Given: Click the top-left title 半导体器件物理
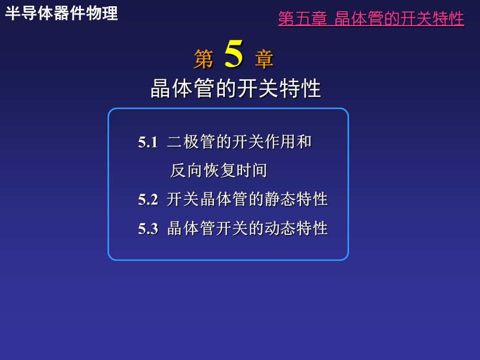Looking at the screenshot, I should pyautogui.click(x=62, y=14).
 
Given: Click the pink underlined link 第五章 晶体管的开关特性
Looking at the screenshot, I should pyautogui.click(x=371, y=19).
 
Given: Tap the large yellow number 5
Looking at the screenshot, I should pyautogui.click(x=234, y=55).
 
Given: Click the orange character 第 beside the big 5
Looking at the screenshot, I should pyautogui.click(x=203, y=59).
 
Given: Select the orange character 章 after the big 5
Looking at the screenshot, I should pyautogui.click(x=265, y=59).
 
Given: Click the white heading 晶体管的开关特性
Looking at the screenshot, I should pyautogui.click(x=236, y=89).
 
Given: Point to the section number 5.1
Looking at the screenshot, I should pyautogui.click(x=148, y=142).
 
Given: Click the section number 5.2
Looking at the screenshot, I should pyautogui.click(x=148, y=199).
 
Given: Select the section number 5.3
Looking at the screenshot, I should pyautogui.click(x=148, y=229).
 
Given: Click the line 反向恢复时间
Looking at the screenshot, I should pyautogui.click(x=219, y=171).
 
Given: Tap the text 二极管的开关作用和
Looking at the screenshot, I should pyautogui.click(x=239, y=142).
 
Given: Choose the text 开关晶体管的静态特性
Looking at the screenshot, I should pyautogui.click(x=247, y=199).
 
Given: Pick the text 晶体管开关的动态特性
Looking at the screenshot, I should pyautogui.click(x=247, y=229).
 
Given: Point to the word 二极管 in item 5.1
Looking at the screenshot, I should pyautogui.click(x=191, y=142).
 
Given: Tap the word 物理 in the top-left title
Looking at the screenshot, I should pyautogui.click(x=102, y=14).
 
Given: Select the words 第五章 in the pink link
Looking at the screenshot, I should pyautogui.click(x=303, y=19).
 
